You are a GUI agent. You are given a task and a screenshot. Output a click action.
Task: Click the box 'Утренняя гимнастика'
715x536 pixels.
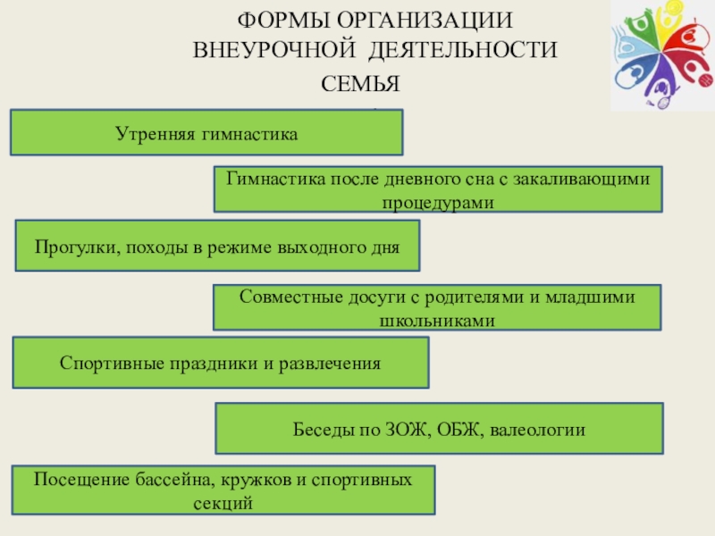click(x=206, y=133)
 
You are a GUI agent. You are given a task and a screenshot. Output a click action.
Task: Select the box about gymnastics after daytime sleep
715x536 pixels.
click(x=438, y=188)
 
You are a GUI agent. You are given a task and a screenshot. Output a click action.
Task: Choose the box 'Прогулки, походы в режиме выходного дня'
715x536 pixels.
click(x=217, y=246)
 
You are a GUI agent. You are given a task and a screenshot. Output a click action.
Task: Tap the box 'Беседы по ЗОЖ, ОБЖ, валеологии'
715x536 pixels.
click(x=440, y=429)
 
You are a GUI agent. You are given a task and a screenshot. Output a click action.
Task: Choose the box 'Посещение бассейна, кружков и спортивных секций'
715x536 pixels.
click(x=223, y=490)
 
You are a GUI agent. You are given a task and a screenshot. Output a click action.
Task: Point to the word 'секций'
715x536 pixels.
click(x=223, y=503)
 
